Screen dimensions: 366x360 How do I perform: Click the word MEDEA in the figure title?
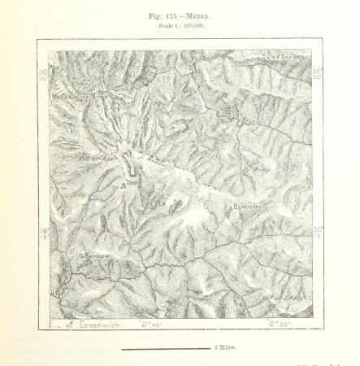[x=200, y=15]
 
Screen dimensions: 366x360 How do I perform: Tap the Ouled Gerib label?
[x=281, y=57]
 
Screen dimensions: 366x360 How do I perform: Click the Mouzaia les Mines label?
[x=79, y=94]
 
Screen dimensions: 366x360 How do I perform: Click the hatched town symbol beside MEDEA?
[x=174, y=206]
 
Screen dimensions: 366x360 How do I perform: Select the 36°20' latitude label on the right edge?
[x=317, y=73]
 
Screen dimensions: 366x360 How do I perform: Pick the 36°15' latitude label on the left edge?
[x=44, y=233]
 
